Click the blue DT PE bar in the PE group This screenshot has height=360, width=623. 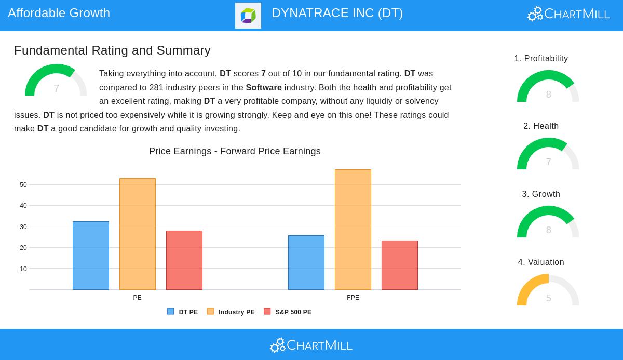tap(91, 256)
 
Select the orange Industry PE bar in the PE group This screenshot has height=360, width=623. tap(138, 234)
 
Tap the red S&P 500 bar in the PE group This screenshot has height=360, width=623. tap(184, 260)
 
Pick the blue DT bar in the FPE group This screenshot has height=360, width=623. tap(306, 262)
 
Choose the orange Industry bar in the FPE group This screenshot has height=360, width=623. tap(353, 230)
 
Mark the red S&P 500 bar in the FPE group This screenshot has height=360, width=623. tap(400, 265)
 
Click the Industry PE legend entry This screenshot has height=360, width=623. tap(231, 312)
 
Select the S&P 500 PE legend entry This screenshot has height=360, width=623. tap(288, 312)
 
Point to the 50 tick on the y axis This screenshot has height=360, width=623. tap(23, 185)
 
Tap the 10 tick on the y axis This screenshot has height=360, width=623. tap(23, 269)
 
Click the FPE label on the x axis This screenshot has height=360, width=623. tap(353, 298)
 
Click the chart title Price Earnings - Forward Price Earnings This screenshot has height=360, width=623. tap(235, 151)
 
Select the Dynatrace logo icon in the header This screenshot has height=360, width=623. tap(248, 16)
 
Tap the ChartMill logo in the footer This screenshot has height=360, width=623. tap(311, 345)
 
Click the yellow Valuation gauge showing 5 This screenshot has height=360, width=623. tap(548, 291)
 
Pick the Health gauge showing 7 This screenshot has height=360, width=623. tap(548, 155)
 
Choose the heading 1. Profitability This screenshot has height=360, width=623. tap(541, 59)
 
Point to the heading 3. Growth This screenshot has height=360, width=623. tap(541, 194)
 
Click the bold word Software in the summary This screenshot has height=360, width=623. tap(264, 88)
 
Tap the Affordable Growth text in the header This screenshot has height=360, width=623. tap(59, 13)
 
